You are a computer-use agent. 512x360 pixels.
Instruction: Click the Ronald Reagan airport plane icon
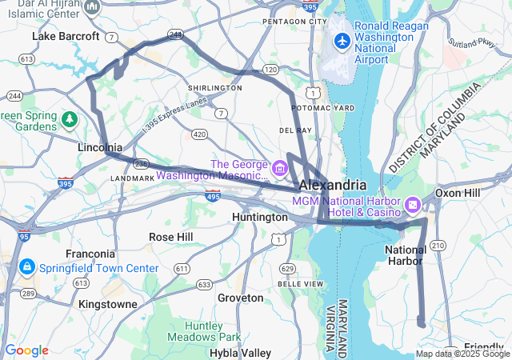(x=342, y=40)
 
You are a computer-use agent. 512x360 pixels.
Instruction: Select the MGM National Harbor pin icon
(x=413, y=205)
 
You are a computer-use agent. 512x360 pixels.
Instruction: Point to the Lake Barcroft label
(x=66, y=36)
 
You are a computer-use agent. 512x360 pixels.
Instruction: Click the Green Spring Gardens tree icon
(x=70, y=120)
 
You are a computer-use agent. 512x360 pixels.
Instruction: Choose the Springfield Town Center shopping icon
(x=26, y=266)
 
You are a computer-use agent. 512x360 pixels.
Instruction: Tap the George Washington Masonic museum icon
(x=279, y=168)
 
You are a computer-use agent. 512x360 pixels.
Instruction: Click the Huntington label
(x=259, y=217)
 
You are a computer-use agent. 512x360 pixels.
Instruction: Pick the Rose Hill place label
(x=170, y=237)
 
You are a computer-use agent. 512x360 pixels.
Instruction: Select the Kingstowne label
(x=108, y=304)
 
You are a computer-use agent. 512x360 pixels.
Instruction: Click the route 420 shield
(x=199, y=134)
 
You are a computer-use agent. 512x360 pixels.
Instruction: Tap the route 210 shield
(x=439, y=244)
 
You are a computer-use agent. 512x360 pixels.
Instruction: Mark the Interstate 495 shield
(x=212, y=195)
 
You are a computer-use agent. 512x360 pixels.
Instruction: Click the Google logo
(x=26, y=350)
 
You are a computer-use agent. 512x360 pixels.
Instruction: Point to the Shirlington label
(x=214, y=88)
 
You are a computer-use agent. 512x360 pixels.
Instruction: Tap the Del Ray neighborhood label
(x=294, y=129)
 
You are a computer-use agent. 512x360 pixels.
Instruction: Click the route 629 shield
(x=288, y=267)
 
